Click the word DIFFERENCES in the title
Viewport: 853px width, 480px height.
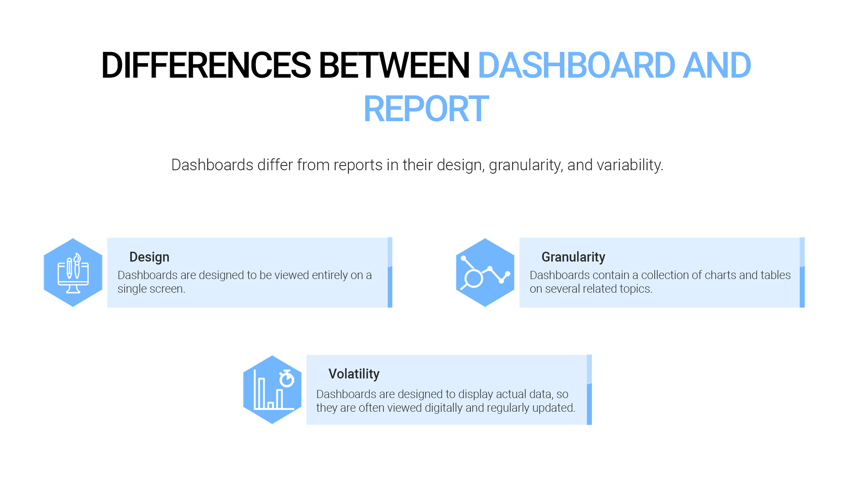(206, 65)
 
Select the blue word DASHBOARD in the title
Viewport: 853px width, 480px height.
(577, 65)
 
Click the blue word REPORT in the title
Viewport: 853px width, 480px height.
(426, 109)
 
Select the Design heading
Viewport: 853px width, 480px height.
(149, 257)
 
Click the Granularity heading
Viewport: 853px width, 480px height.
(573, 257)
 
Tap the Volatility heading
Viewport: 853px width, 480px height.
(354, 374)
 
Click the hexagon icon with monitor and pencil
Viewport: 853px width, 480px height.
(73, 273)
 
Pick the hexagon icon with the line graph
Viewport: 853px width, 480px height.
(485, 273)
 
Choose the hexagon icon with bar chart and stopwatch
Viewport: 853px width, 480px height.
(272, 390)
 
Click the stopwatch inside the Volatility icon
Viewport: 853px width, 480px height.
(287, 378)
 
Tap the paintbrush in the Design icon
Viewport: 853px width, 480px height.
(77, 265)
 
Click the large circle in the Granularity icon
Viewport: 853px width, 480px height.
(473, 279)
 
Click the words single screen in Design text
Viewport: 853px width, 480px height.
(151, 289)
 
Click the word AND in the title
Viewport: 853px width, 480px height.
(717, 65)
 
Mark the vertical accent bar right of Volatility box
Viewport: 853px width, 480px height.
(589, 390)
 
